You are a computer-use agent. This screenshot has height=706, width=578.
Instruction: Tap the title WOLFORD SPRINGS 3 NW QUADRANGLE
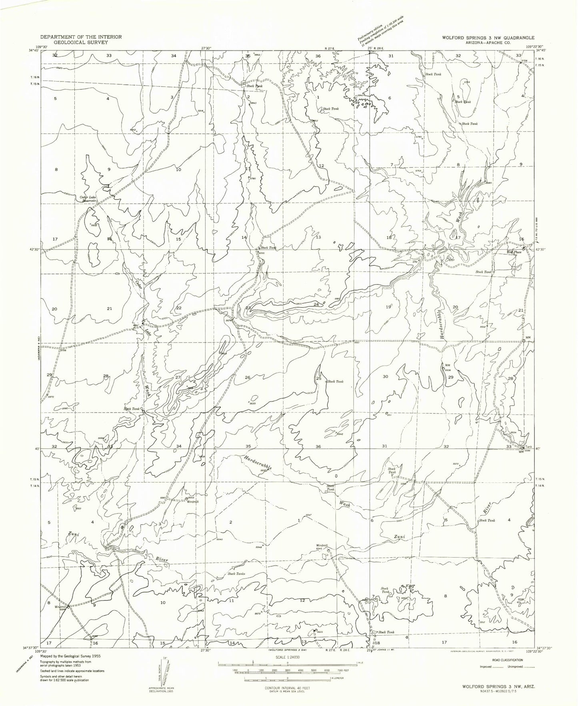[x=488, y=37]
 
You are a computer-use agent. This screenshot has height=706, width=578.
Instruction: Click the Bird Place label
[x=514, y=252]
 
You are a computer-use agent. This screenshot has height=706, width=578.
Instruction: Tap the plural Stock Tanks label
[x=236, y=574]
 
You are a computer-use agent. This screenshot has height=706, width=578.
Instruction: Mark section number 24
[x=316, y=305]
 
